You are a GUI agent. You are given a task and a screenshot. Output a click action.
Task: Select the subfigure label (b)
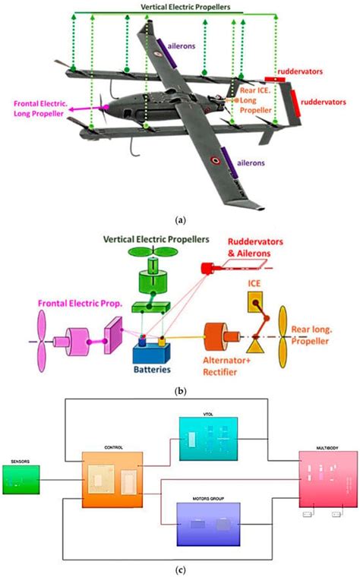[x=179, y=393]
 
